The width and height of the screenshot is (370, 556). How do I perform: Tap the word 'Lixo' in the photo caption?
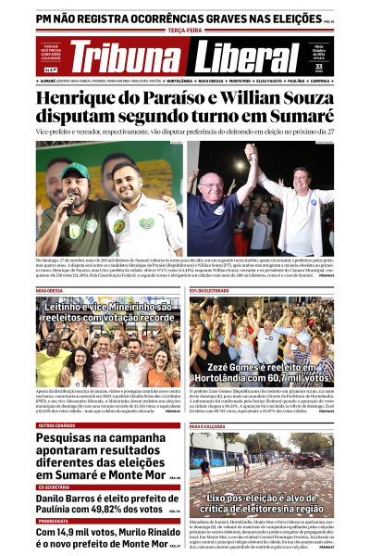[220, 498]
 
